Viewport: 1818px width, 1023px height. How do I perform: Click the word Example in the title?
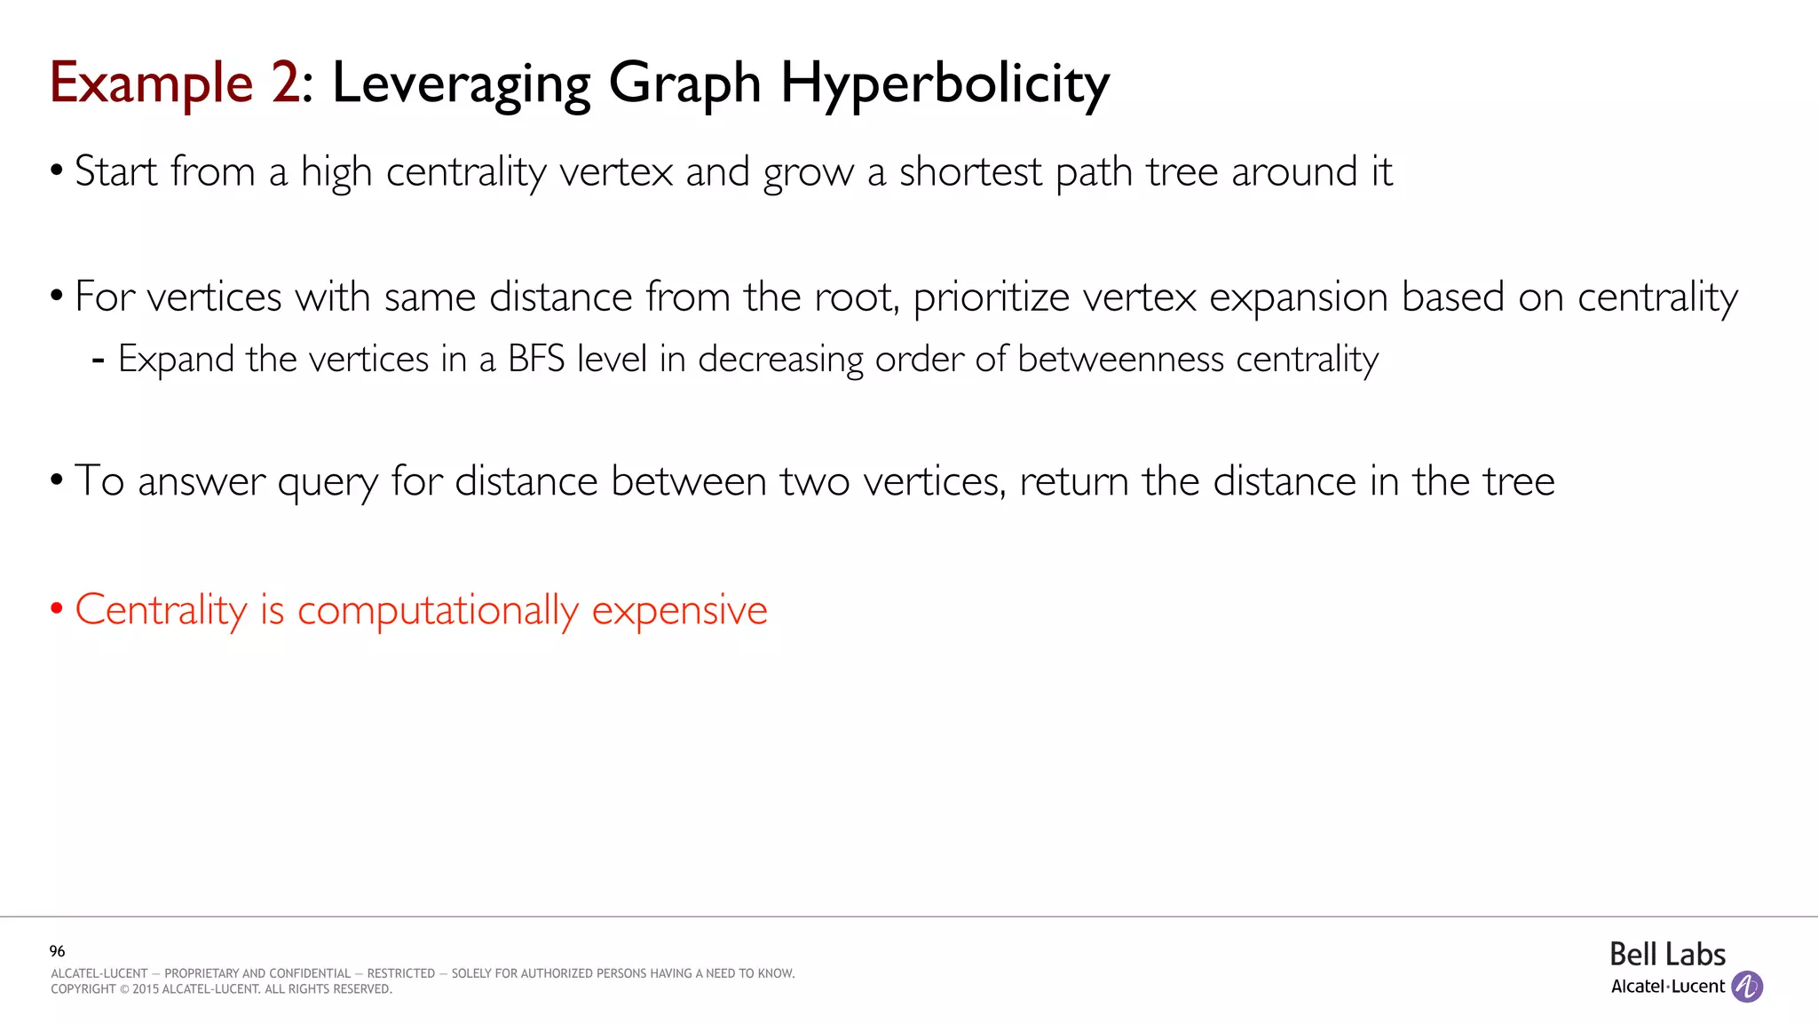151,83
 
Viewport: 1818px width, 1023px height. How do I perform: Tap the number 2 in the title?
286,83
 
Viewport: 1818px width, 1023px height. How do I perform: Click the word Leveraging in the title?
462,83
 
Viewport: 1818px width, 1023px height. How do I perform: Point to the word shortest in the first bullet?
970,171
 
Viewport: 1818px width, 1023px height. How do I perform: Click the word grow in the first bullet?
808,173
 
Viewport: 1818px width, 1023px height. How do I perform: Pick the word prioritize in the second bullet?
991,297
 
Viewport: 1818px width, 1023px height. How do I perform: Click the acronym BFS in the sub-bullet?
536,359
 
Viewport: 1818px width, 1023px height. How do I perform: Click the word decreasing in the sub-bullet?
780,359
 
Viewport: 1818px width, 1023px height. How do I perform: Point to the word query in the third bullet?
328,482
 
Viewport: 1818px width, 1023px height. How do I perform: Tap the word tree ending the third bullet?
1519,481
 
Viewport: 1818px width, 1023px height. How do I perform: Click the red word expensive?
679,611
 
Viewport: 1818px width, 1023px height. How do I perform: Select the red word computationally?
438,611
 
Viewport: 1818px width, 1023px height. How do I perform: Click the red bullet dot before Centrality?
57,609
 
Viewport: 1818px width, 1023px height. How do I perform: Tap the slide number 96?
58,951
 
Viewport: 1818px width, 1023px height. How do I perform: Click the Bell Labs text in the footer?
1667,955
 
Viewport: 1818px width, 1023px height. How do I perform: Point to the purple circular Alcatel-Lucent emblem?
1747,987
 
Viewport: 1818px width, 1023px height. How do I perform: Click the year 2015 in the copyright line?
146,989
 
